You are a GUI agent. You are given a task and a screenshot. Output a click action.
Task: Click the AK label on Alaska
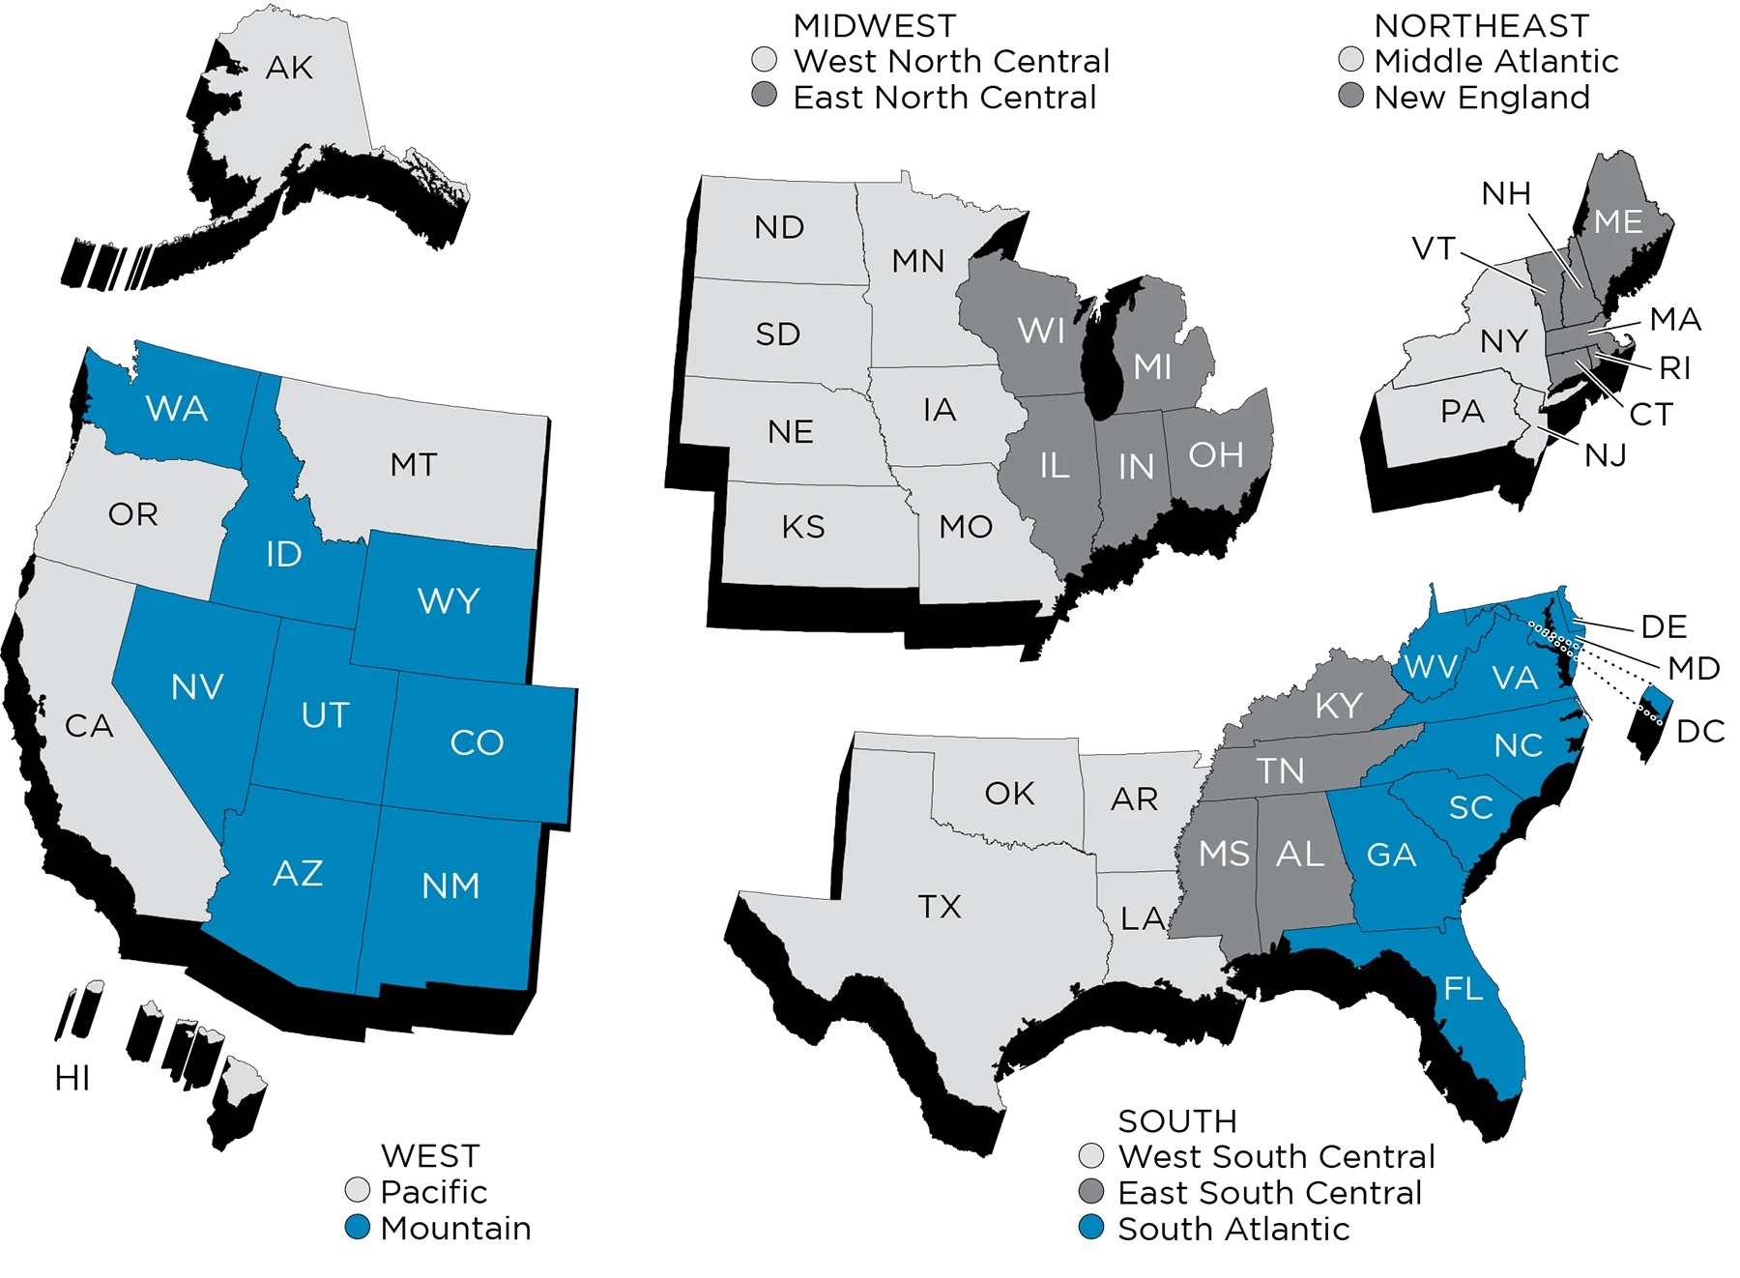pyautogui.click(x=289, y=68)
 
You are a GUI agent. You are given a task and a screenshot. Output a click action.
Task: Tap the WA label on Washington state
pyautogui.click(x=177, y=409)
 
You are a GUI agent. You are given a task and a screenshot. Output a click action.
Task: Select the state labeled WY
pyautogui.click(x=449, y=601)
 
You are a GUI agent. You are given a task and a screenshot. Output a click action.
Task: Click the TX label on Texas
pyautogui.click(x=940, y=907)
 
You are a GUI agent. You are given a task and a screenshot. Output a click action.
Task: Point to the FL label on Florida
pyautogui.click(x=1463, y=989)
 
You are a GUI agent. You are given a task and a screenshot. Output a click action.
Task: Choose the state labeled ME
pyautogui.click(x=1618, y=221)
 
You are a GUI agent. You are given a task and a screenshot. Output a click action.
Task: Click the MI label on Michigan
pyautogui.click(x=1152, y=367)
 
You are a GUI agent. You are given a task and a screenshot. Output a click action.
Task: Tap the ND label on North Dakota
pyautogui.click(x=779, y=228)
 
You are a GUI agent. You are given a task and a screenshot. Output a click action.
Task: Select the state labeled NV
pyautogui.click(x=197, y=687)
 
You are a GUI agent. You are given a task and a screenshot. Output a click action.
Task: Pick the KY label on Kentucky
pyautogui.click(x=1339, y=706)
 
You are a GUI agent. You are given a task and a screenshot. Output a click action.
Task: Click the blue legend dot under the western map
pyautogui.click(x=358, y=1227)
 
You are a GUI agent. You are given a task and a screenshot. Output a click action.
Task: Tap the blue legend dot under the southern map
pyautogui.click(x=1091, y=1227)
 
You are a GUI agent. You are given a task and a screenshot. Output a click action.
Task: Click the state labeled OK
pyautogui.click(x=1009, y=794)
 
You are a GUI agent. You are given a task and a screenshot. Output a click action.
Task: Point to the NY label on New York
pyautogui.click(x=1503, y=341)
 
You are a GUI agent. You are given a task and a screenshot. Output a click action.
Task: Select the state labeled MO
pyautogui.click(x=966, y=527)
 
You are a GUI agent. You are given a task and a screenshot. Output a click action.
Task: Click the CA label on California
pyautogui.click(x=89, y=726)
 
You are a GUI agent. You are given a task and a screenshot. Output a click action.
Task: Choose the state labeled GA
pyautogui.click(x=1391, y=855)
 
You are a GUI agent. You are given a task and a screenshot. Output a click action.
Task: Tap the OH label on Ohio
pyautogui.click(x=1216, y=455)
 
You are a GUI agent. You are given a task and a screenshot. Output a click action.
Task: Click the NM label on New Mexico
pyautogui.click(x=450, y=886)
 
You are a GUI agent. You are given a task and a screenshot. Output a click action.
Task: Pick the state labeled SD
pyautogui.click(x=778, y=334)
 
